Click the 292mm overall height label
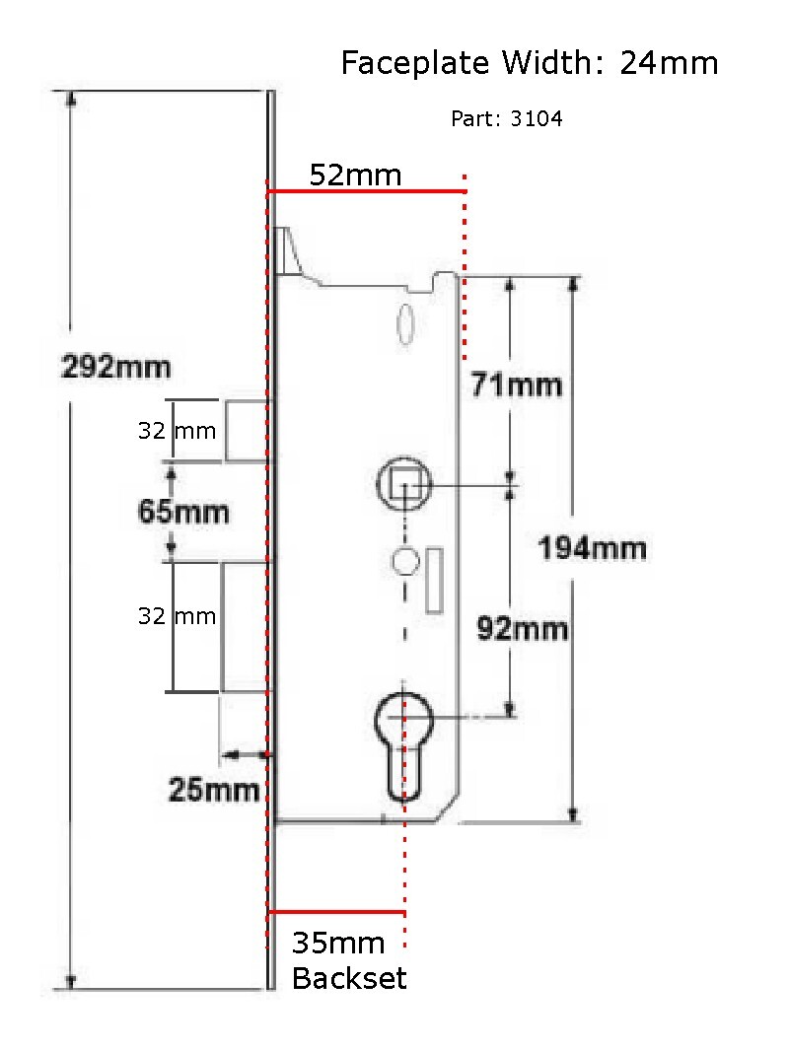[x=115, y=368]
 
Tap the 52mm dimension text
[x=355, y=175]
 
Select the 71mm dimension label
[x=516, y=385]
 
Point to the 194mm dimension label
[x=592, y=547]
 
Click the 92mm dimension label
[x=522, y=628]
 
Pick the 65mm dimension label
[x=183, y=512]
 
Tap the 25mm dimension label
[x=214, y=790]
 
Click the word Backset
[x=349, y=979]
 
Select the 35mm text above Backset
[x=337, y=944]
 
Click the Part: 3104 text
[x=506, y=119]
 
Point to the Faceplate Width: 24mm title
[x=529, y=64]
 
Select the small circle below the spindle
[x=404, y=560]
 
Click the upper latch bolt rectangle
[x=245, y=430]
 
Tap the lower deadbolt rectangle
[x=243, y=626]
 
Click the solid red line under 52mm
[x=366, y=191]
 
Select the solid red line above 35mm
[x=336, y=912]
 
